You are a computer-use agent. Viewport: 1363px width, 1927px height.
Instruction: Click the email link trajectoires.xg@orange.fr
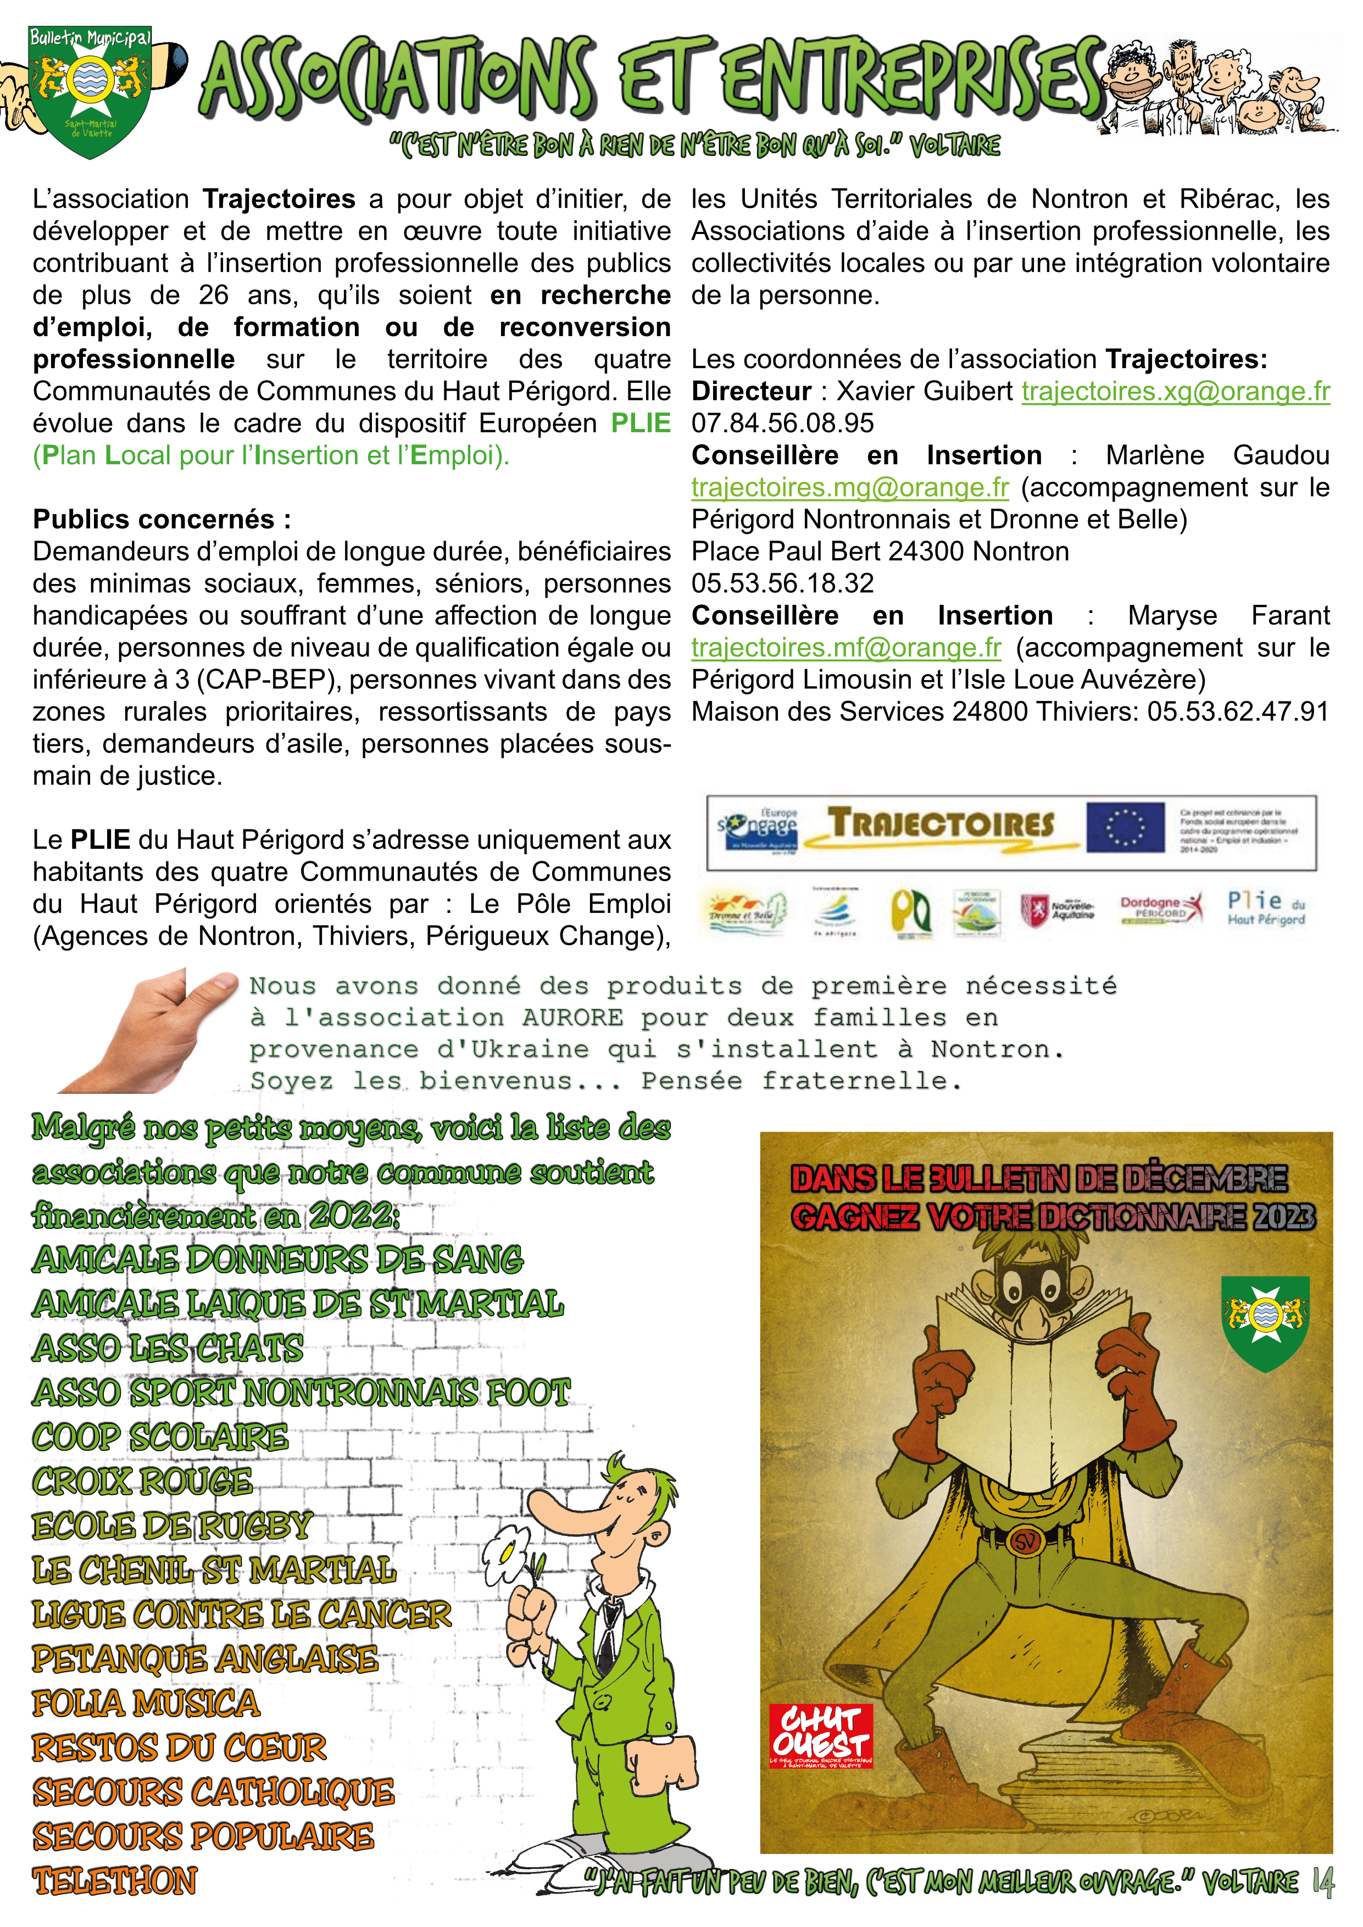(1175, 391)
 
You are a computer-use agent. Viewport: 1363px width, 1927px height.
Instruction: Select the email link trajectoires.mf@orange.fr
(846, 648)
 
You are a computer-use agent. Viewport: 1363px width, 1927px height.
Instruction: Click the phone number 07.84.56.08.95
(782, 423)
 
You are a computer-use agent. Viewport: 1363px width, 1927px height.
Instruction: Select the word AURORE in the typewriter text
(572, 1018)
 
